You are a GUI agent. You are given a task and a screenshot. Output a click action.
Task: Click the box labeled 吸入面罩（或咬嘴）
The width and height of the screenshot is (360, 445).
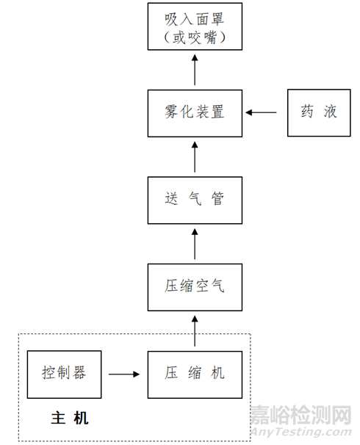[x=195, y=26]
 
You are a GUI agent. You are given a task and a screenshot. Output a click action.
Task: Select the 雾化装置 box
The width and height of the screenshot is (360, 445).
[x=195, y=113]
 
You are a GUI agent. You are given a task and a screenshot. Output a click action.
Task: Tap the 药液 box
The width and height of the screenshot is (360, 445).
[x=319, y=112]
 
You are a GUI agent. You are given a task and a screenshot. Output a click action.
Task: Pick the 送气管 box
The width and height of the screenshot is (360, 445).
[x=195, y=200]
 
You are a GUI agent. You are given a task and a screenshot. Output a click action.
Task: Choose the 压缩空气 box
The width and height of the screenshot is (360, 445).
[x=195, y=287]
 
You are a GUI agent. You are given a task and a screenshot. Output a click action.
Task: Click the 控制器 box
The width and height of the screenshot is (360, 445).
[x=64, y=375]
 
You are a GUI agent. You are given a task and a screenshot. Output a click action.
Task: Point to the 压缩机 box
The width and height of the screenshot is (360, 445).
[x=195, y=375]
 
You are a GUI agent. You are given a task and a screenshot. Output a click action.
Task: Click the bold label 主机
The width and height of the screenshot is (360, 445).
[x=70, y=418]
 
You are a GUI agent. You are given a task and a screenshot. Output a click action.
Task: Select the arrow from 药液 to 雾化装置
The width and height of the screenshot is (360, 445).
[x=261, y=112]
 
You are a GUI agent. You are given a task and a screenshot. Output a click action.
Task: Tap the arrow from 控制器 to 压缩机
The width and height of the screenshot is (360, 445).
[x=124, y=375]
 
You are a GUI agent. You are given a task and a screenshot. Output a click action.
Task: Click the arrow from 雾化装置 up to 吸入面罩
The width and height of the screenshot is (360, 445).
[x=195, y=70]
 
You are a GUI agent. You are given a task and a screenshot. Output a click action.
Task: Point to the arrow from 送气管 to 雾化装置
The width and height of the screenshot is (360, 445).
[x=195, y=157]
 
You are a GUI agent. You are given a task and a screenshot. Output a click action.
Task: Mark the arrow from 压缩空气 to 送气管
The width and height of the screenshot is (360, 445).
[x=195, y=244]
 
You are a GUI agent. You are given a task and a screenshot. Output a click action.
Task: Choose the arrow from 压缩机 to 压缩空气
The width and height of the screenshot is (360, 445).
[x=195, y=331]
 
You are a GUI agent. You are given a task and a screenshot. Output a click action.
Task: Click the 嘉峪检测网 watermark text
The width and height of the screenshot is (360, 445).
[x=301, y=415]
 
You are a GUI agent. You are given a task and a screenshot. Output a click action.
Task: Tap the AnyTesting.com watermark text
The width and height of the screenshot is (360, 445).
[x=301, y=432]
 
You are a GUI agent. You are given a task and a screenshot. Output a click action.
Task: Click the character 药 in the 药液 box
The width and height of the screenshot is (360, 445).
[x=308, y=112]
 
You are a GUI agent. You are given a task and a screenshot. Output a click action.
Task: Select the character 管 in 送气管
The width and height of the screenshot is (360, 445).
[x=217, y=198]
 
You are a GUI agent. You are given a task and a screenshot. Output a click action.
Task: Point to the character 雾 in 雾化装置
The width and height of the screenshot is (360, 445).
[x=171, y=112]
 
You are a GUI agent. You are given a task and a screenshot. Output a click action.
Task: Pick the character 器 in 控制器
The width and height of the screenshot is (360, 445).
[x=79, y=372]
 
